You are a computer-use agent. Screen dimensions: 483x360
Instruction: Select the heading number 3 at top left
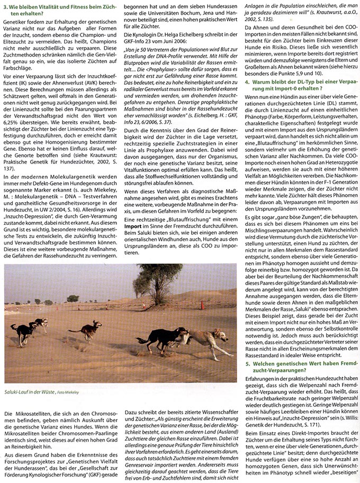(5, 6)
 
